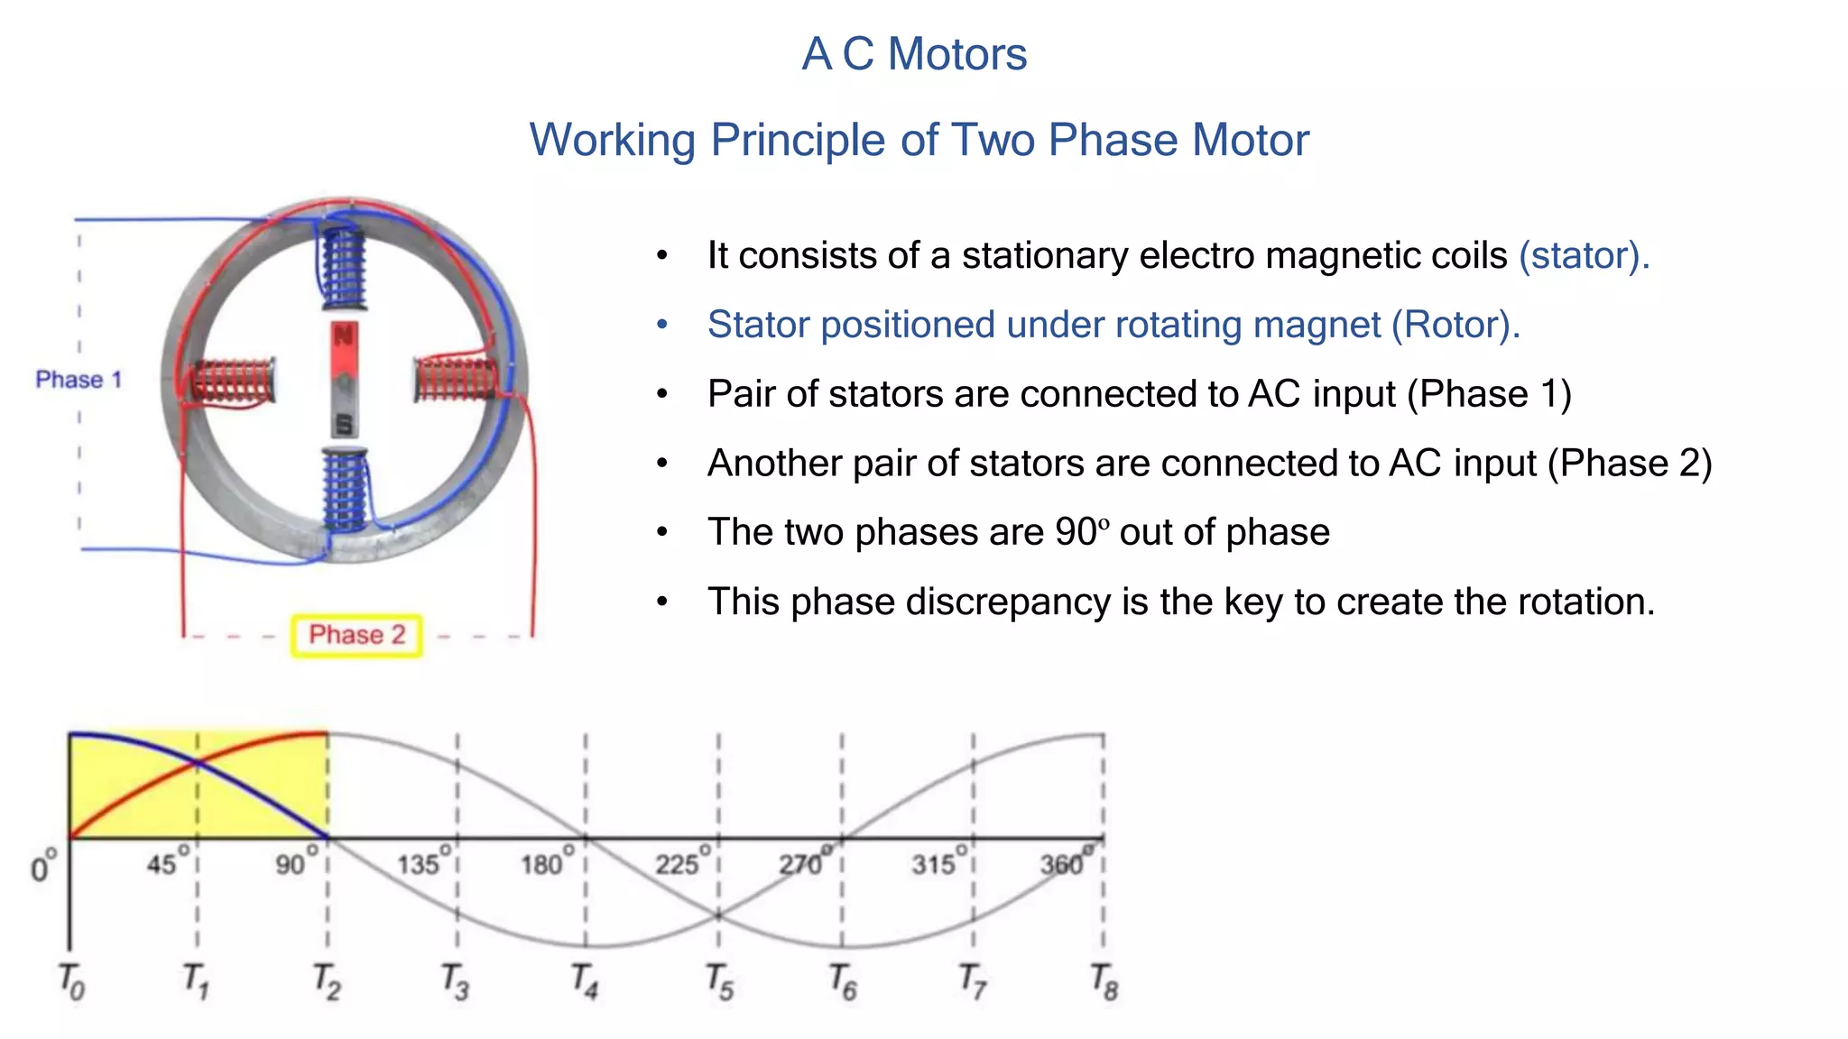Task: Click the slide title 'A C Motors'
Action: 914,54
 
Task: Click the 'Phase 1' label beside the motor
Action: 79,380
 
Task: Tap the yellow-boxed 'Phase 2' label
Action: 356,635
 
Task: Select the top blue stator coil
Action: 343,267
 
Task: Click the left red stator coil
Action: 232,382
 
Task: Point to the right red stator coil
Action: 456,379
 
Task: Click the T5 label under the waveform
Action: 719,981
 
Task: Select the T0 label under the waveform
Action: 70,981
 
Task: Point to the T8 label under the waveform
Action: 1104,981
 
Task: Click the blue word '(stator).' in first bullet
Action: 1584,255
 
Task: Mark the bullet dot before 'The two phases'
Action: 662,533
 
